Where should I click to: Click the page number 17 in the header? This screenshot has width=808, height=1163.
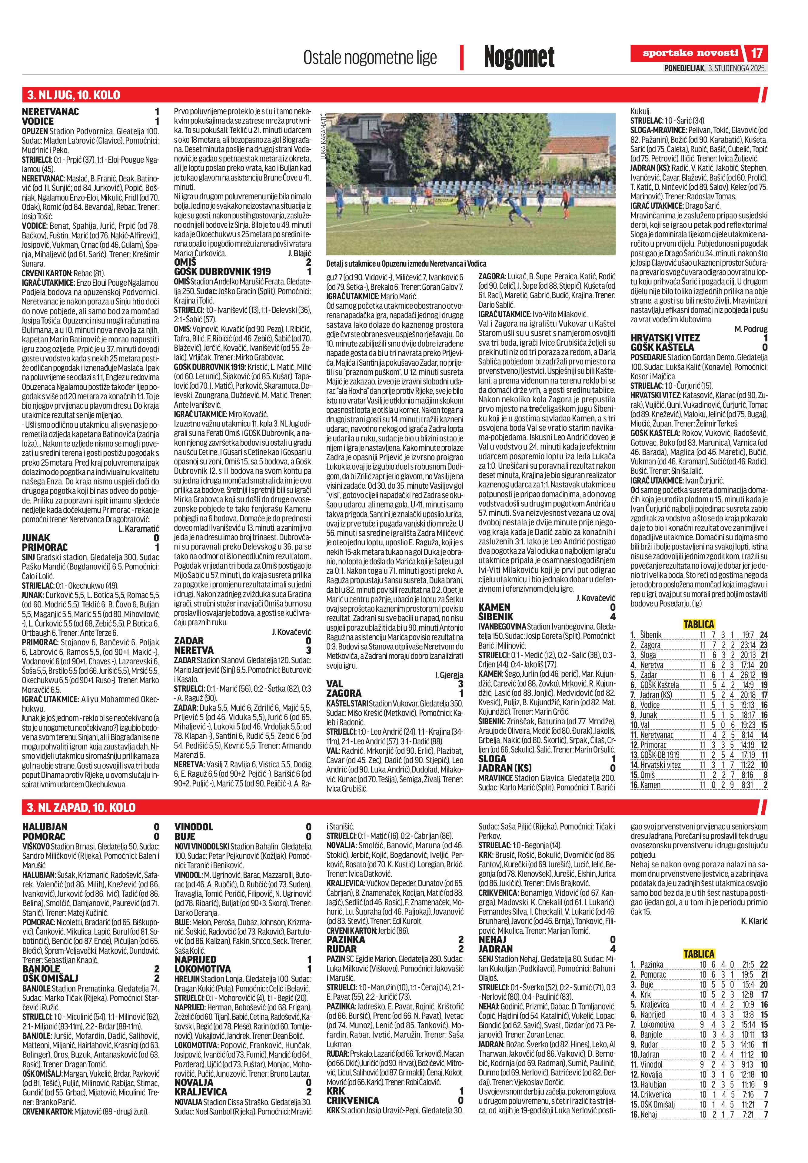756,53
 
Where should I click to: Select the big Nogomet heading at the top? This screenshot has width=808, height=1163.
519,57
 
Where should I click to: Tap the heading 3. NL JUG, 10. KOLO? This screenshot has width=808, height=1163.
73,95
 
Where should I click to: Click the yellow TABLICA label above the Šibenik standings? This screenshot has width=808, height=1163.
699,624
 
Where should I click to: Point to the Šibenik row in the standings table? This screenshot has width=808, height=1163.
699,635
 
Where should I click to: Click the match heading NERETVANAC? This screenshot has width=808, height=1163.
51,112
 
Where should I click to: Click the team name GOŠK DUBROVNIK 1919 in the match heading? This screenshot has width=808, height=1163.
222,272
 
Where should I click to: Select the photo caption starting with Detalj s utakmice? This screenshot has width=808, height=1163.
406,264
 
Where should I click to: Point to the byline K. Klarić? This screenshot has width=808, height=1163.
754,921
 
